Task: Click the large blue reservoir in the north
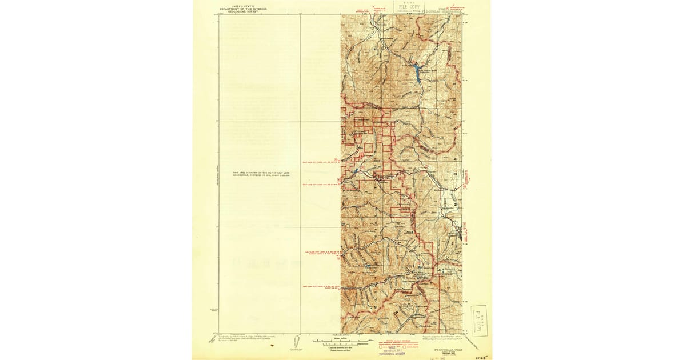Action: pos(417,73)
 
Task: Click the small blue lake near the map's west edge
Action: pos(356,170)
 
